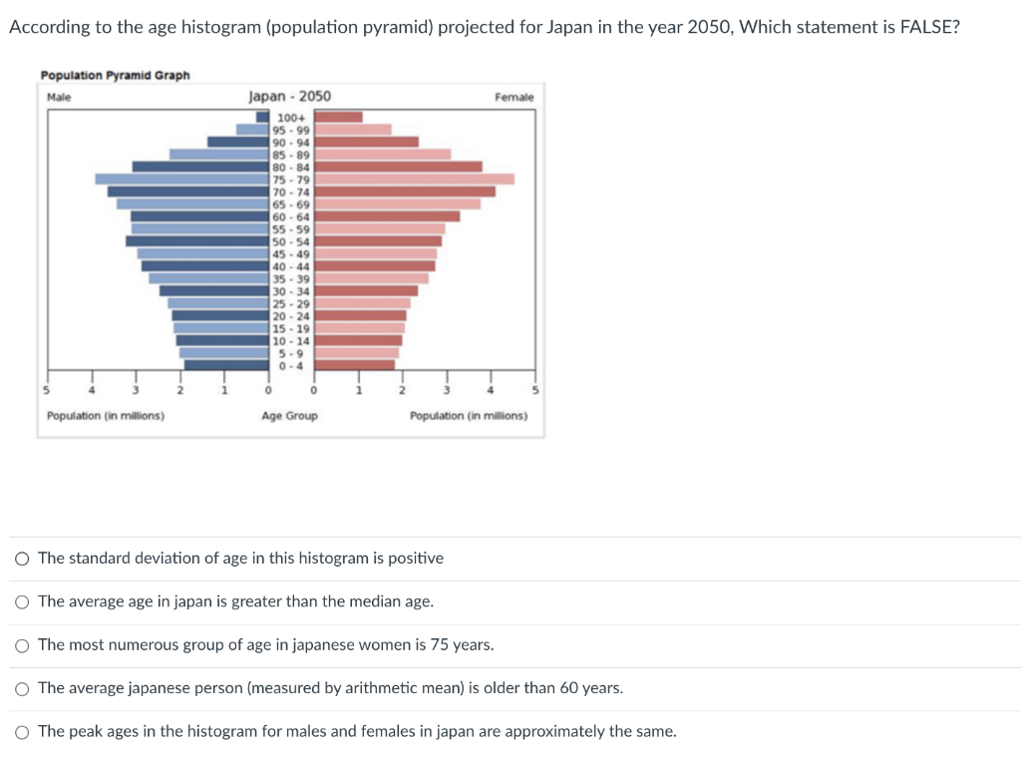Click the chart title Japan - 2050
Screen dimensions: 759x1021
(x=289, y=97)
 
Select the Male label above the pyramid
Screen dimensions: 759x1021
(x=59, y=97)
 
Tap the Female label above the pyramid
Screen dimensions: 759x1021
(x=513, y=97)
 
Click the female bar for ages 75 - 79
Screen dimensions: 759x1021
(x=415, y=180)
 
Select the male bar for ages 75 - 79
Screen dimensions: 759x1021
(x=182, y=180)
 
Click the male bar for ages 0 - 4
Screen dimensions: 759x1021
(x=226, y=365)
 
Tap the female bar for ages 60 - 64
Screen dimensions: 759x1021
(x=388, y=216)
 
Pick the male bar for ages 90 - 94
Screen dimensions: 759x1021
(x=238, y=142)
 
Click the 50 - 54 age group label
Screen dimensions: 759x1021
(x=291, y=241)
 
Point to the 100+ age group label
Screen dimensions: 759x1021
(x=291, y=118)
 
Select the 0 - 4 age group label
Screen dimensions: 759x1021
(x=291, y=365)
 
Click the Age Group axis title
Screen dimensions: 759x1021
(x=289, y=416)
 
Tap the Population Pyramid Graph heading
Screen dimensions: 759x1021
(x=115, y=76)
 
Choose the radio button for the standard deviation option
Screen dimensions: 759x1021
(x=22, y=559)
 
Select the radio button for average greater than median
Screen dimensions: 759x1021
(x=22, y=601)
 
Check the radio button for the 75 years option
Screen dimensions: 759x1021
(x=22, y=645)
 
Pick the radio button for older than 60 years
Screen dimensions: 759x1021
(x=22, y=688)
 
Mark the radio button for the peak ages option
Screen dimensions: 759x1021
(x=22, y=732)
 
